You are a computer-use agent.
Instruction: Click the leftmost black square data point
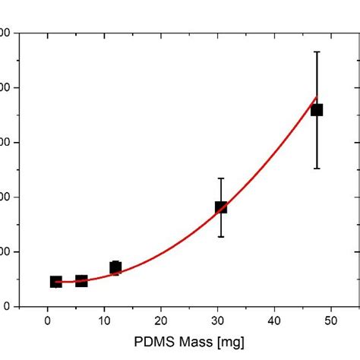(x=55, y=282)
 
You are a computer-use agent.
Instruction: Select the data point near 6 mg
(x=81, y=281)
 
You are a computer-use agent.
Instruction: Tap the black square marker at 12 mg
(x=115, y=267)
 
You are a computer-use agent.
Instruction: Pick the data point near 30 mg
(x=221, y=207)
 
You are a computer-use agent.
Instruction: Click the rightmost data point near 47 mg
(x=317, y=110)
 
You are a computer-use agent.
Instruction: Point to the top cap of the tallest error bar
(x=317, y=52)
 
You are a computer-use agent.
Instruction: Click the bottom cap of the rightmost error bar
(x=317, y=169)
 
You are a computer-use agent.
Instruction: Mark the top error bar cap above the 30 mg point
(x=221, y=178)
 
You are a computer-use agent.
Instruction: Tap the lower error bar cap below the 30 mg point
(x=221, y=237)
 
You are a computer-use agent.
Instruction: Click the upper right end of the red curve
(x=317, y=96)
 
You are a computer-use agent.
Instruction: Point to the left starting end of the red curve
(x=55, y=282)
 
